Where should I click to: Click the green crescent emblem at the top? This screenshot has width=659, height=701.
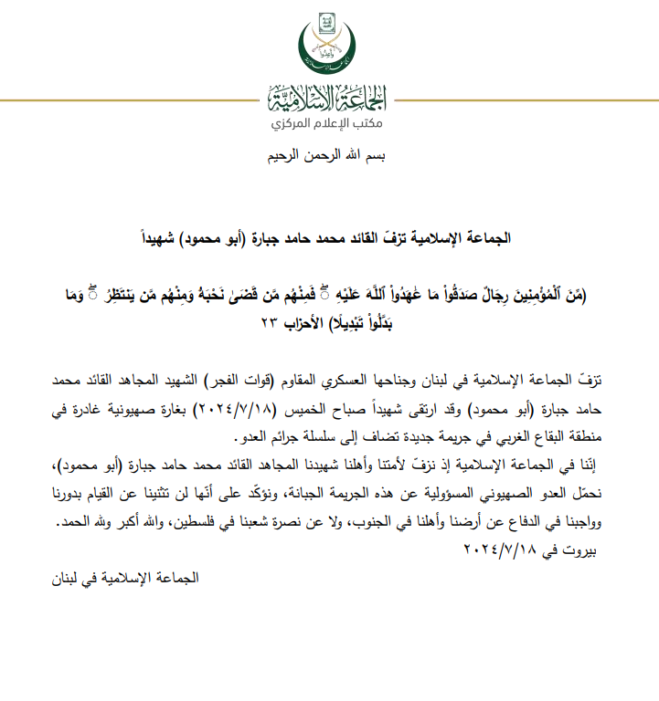(329, 46)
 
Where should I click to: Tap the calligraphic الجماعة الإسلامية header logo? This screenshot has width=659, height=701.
(329, 97)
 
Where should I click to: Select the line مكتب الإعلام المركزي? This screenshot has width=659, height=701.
(329, 122)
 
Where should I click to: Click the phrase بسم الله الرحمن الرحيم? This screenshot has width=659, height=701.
(329, 157)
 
